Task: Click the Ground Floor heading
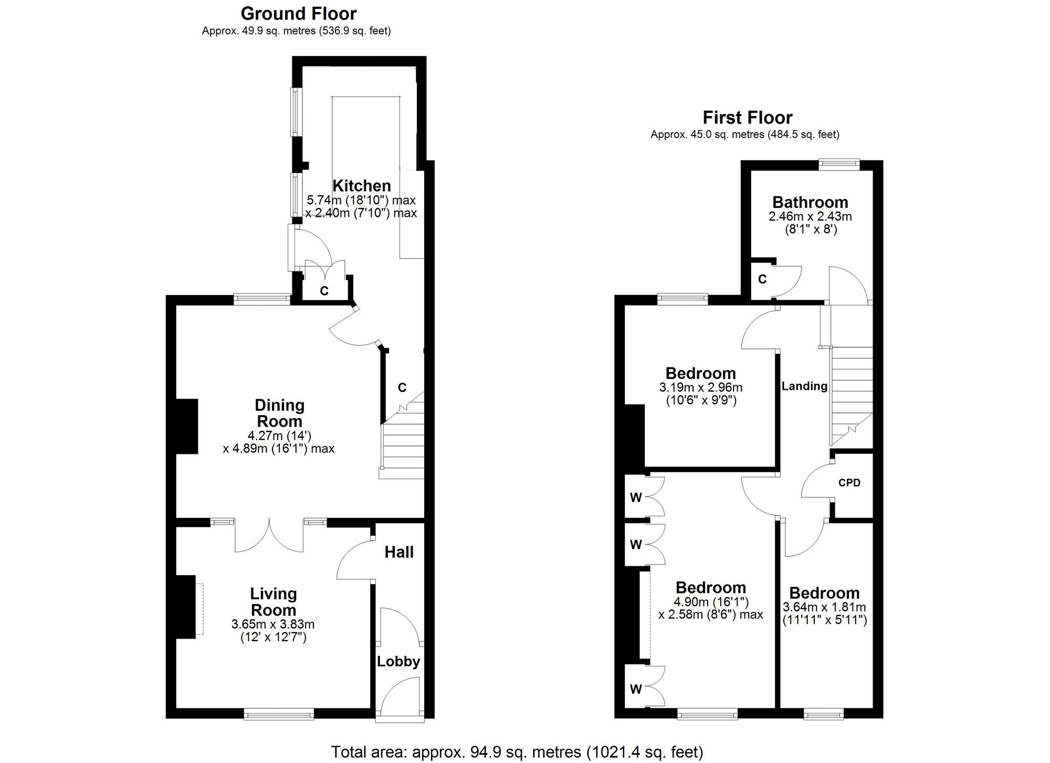coord(298,14)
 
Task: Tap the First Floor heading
coord(747,118)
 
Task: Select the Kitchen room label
coord(362,186)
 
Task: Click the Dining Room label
coord(279,413)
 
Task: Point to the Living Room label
coord(273,602)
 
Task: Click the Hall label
coord(399,552)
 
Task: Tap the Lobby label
coord(398,661)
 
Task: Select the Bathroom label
coord(810,202)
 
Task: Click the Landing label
coord(804,386)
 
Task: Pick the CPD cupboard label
coord(849,483)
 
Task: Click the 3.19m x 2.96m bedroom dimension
coord(700,388)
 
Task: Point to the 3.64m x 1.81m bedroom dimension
coord(824,607)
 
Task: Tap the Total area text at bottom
coord(517,751)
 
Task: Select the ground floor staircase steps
coord(403,446)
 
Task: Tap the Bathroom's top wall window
coord(839,165)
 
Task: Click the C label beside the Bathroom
coord(762,279)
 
